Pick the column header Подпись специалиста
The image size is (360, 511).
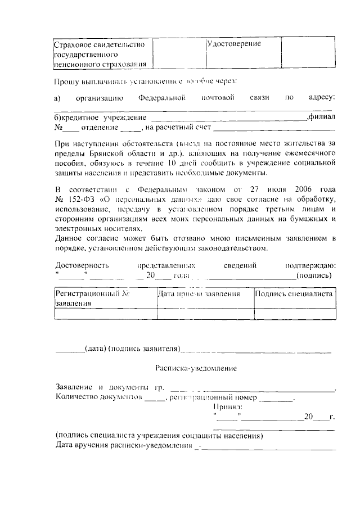(x=294, y=294)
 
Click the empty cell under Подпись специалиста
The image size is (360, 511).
(x=294, y=314)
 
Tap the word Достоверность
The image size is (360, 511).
(x=82, y=265)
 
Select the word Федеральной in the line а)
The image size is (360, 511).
(x=162, y=98)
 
